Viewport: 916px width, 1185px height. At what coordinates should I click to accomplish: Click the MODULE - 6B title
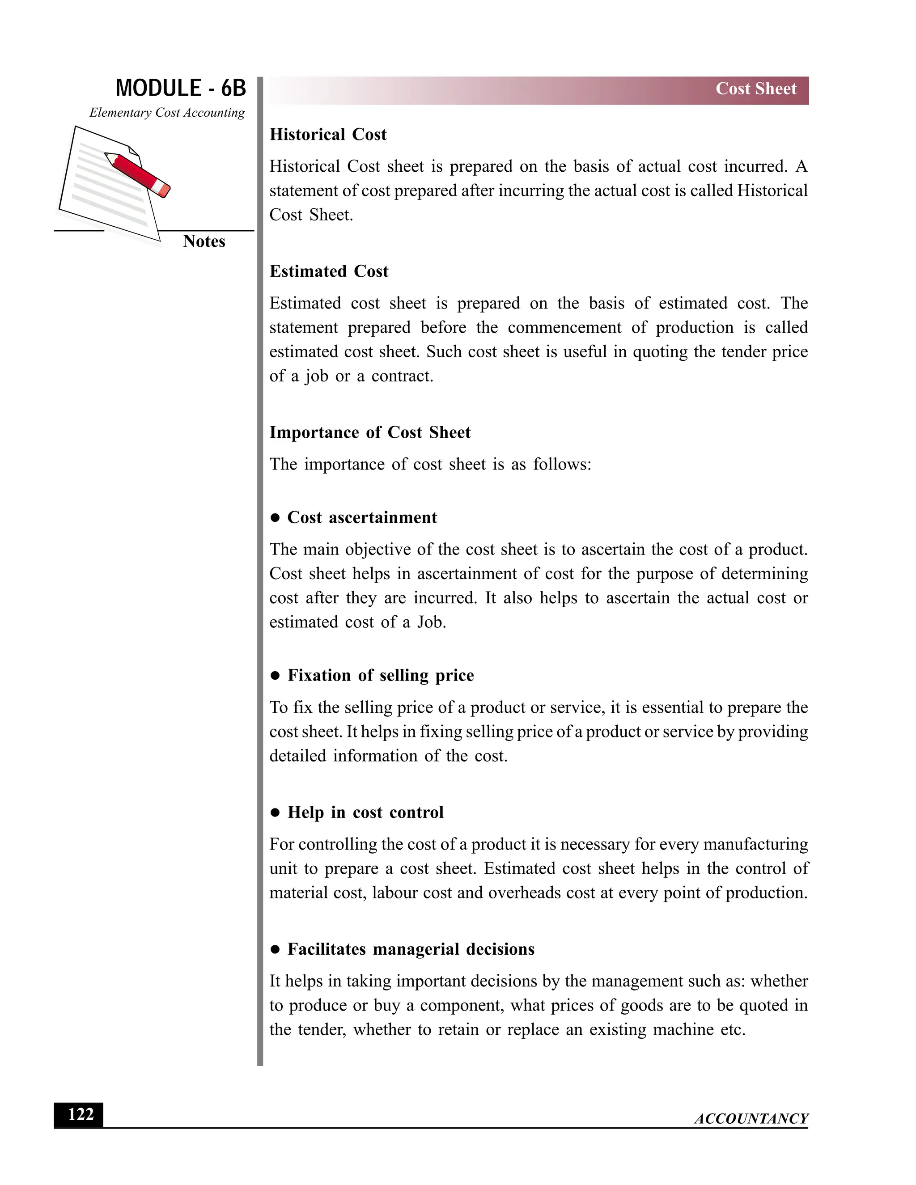[x=181, y=88]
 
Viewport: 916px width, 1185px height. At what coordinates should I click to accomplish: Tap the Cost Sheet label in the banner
[x=755, y=89]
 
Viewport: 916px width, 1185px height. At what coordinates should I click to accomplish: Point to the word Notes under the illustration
[x=204, y=241]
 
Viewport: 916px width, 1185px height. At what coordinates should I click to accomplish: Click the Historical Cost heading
[x=328, y=134]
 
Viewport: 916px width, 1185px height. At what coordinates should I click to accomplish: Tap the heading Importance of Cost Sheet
[x=370, y=432]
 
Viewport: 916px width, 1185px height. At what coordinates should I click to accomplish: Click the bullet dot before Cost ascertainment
[x=275, y=518]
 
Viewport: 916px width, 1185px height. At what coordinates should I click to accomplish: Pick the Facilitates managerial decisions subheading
[x=411, y=949]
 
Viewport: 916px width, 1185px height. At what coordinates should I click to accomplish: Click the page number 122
[x=79, y=1114]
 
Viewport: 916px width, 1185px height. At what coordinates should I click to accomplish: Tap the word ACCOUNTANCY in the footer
[x=751, y=1119]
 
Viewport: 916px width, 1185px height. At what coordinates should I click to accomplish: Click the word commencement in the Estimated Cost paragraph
[x=564, y=327]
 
